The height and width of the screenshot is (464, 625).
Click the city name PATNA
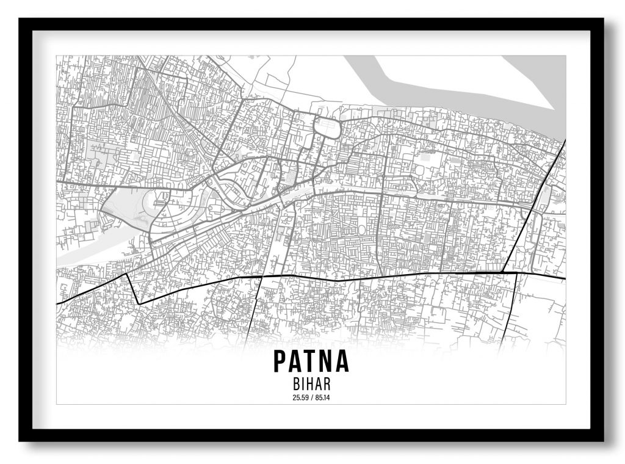click(311, 361)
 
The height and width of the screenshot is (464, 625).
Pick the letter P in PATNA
click(281, 361)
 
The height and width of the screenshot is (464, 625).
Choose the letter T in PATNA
click(311, 361)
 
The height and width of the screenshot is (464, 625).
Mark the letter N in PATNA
click(326, 361)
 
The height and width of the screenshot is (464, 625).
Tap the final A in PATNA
click(342, 361)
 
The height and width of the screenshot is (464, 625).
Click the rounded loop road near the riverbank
click(327, 127)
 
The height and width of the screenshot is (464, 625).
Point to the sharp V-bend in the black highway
click(138, 303)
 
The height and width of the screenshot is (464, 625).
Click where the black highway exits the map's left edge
click(57, 303)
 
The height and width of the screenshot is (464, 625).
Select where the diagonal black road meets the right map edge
click(565, 140)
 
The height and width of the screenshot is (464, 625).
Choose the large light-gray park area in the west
click(125, 208)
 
